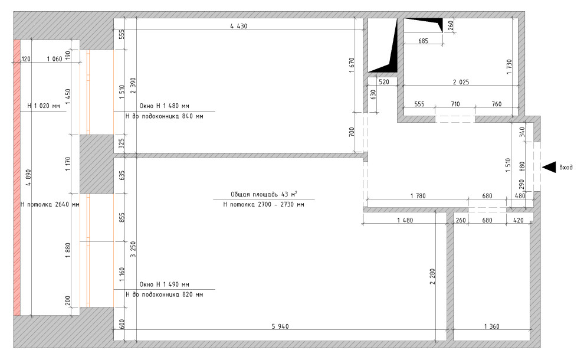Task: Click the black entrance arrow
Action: pos(549,168)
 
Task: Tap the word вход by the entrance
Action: pos(566,168)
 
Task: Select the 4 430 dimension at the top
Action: pos(238,26)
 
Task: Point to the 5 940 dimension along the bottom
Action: pos(280,326)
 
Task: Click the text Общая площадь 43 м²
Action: pos(264,194)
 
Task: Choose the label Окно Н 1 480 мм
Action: pos(164,106)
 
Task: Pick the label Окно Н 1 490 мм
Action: pos(164,284)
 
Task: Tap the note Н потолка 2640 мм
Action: pos(50,204)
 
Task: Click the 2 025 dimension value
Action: pos(461,82)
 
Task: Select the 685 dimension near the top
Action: pos(423,41)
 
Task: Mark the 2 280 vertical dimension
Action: pos(432,277)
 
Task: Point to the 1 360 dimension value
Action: pos(491,326)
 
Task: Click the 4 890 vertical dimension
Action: pos(29,178)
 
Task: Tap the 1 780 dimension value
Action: pos(418,196)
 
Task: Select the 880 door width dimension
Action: pos(522,166)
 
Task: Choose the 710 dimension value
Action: pos(455,104)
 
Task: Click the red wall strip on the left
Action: pos(17,178)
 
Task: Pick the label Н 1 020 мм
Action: pos(44,106)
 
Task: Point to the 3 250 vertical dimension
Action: pos(133,249)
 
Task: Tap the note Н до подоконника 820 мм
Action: pos(164,294)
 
